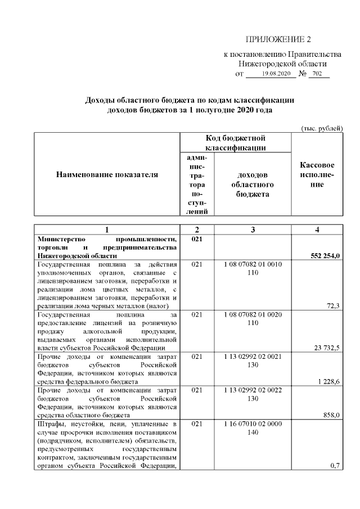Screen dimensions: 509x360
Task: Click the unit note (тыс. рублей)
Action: (x=322, y=129)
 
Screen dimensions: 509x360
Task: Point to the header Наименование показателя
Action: (x=107, y=174)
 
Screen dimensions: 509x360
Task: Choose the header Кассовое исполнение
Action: (x=317, y=174)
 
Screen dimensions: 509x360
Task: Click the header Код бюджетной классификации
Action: (x=235, y=142)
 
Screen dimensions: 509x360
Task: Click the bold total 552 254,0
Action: (x=326, y=256)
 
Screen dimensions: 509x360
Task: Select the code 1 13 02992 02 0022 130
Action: (x=253, y=394)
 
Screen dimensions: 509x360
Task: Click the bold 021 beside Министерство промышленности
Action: (x=196, y=239)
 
